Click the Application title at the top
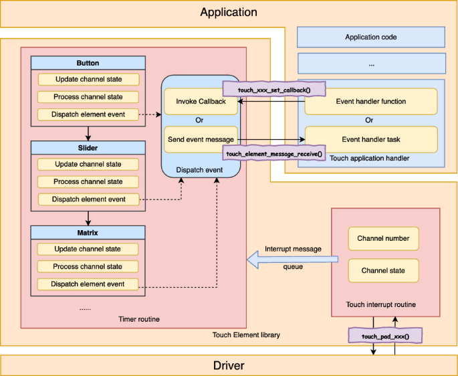pyautogui.click(x=228, y=12)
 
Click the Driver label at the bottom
pyautogui.click(x=228, y=365)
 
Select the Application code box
pyautogui.click(x=371, y=37)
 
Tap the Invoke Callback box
pyautogui.click(x=201, y=102)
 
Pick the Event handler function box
pyautogui.click(x=370, y=102)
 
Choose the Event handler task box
pyautogui.click(x=370, y=139)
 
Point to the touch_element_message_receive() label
pyautogui.click(x=274, y=153)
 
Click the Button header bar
pyautogui.click(x=88, y=63)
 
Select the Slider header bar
pyautogui.click(x=88, y=148)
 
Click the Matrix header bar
pyautogui.click(x=88, y=232)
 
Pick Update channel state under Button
pyautogui.click(x=88, y=80)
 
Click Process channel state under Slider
pyautogui.click(x=88, y=181)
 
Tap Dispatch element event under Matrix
pyautogui.click(x=88, y=284)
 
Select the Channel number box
pyautogui.click(x=383, y=238)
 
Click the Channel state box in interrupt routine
pyautogui.click(x=383, y=270)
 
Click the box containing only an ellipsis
pyautogui.click(x=371, y=64)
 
